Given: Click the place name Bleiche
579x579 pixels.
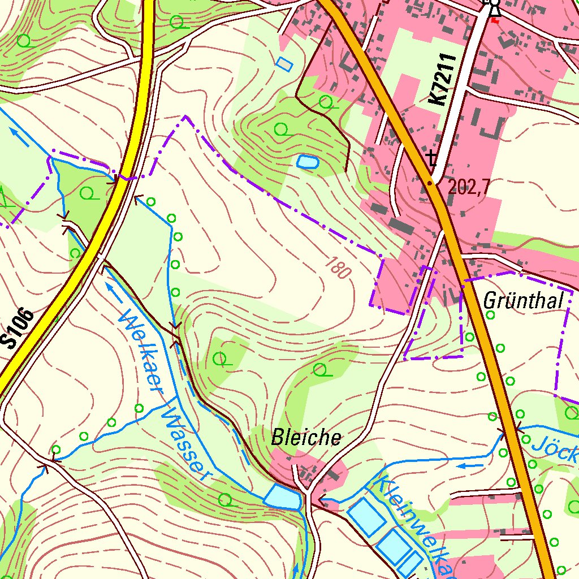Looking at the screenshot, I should tap(306, 438).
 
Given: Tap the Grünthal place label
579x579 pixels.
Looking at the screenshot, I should tap(524, 301).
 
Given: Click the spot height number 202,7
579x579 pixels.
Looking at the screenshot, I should tap(469, 187).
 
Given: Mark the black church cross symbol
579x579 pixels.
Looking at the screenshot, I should tap(433, 157).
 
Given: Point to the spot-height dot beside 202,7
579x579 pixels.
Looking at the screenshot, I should tap(430, 183).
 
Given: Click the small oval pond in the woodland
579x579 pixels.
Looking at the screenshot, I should tap(308, 162).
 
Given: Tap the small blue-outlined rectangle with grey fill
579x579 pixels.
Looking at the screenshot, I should tap(285, 64).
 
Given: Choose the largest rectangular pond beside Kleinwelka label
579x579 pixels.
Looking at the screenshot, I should tap(365, 516).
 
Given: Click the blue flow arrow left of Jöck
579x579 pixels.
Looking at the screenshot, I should tap(469, 466).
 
